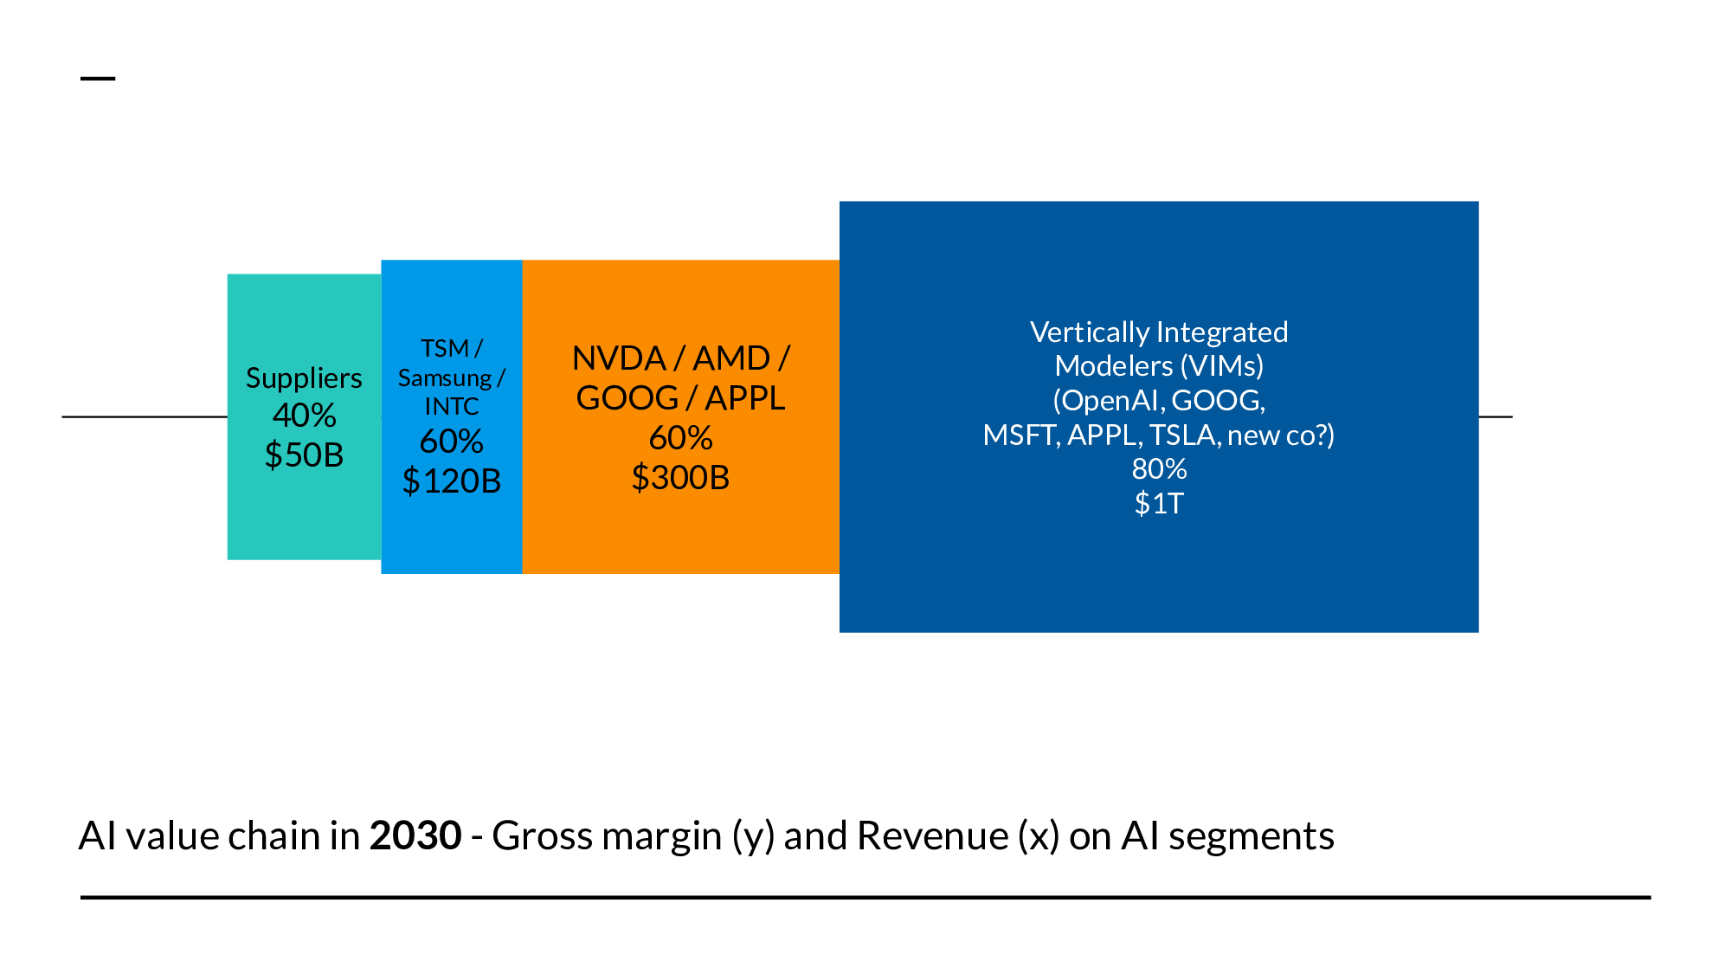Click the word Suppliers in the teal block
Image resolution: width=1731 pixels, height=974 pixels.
(304, 378)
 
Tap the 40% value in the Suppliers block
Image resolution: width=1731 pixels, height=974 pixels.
(304, 416)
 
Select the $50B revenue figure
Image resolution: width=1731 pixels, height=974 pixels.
(304, 455)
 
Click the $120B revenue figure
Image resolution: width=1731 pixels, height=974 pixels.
(451, 481)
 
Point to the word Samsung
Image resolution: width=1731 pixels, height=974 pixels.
(444, 378)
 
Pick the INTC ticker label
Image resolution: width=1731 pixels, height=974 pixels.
(451, 406)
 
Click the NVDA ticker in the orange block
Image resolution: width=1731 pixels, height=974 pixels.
(619, 358)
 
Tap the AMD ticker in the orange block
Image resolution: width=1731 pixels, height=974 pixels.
(731, 358)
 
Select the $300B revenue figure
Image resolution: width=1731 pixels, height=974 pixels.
(680, 477)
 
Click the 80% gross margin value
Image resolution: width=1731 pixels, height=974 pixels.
(1159, 468)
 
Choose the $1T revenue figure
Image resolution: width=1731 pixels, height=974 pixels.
(1159, 503)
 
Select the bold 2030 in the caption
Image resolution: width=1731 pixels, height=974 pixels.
(415, 835)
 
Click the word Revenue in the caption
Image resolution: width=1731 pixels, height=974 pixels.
(932, 835)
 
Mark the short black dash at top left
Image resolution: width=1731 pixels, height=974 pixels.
(98, 78)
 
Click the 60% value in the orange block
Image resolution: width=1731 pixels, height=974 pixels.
(680, 438)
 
